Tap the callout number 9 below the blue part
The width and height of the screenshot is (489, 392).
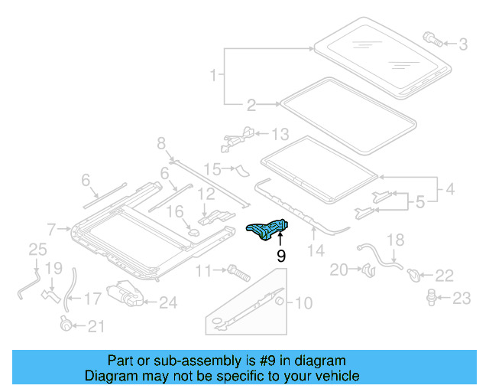tap(281, 256)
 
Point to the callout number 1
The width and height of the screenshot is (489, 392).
tap(213, 76)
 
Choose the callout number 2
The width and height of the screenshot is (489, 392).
tap(251, 105)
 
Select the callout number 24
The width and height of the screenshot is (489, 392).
tap(167, 303)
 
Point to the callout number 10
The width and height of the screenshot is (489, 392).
tap(303, 303)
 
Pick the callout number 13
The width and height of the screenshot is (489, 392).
tap(280, 135)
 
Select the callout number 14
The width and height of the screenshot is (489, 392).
tap(316, 250)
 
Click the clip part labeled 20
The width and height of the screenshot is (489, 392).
tap(367, 269)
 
